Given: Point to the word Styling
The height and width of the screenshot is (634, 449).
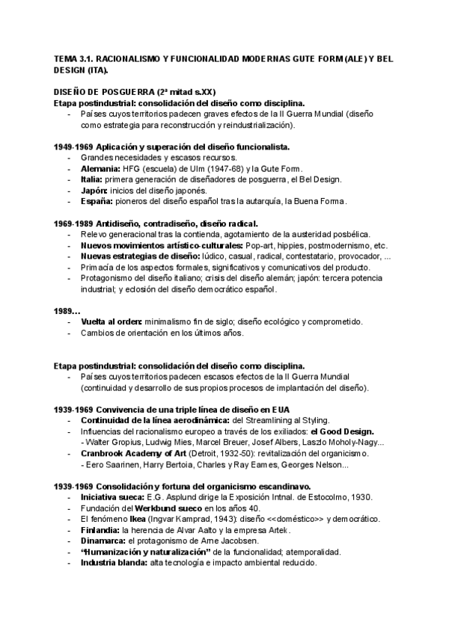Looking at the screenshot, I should pyautogui.click(x=324, y=420).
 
